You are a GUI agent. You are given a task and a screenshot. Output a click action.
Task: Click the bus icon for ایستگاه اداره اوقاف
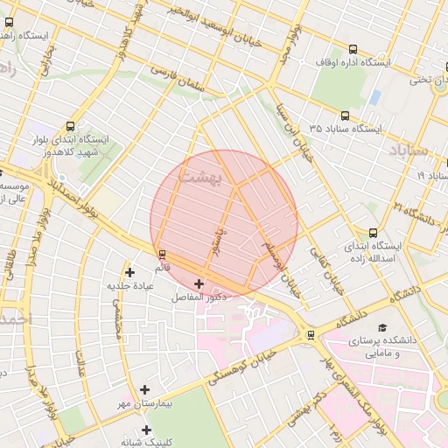[x=353, y=50]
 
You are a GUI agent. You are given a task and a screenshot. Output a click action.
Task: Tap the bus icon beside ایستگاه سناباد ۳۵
[x=344, y=115]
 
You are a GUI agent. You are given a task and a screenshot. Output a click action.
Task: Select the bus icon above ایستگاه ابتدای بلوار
[x=70, y=126]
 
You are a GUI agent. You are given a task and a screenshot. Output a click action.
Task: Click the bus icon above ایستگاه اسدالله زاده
[x=374, y=233]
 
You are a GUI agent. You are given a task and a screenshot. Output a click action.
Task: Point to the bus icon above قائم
[x=162, y=255]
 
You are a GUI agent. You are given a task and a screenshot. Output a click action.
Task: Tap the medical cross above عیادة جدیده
[x=130, y=272]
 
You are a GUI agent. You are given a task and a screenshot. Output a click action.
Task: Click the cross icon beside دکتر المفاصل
[x=199, y=283]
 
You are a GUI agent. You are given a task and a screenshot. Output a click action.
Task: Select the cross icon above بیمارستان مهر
[x=144, y=389]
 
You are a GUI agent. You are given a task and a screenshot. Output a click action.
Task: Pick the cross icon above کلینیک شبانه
[x=146, y=430]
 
